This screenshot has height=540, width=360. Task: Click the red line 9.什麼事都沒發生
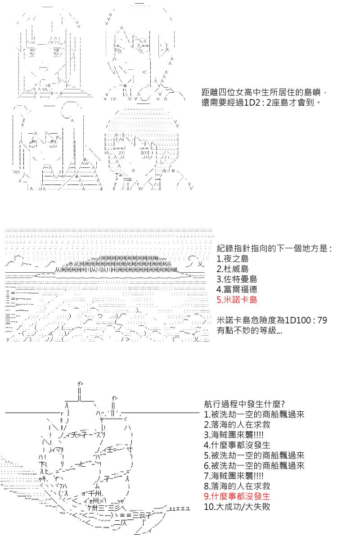(237, 496)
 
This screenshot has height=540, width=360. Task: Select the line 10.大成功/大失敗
(237, 507)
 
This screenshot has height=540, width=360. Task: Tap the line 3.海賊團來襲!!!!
(234, 434)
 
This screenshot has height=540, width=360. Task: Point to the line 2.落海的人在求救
(237, 424)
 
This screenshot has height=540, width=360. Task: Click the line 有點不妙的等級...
(250, 331)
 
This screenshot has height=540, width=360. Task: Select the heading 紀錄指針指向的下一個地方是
(274, 248)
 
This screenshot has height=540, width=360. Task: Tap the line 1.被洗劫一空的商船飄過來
(254, 414)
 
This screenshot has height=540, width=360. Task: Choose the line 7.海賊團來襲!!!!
(234, 476)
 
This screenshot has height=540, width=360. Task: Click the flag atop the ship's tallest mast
(81, 383)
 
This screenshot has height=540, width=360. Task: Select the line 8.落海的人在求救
(237, 486)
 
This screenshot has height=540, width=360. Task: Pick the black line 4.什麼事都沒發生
(237, 445)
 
